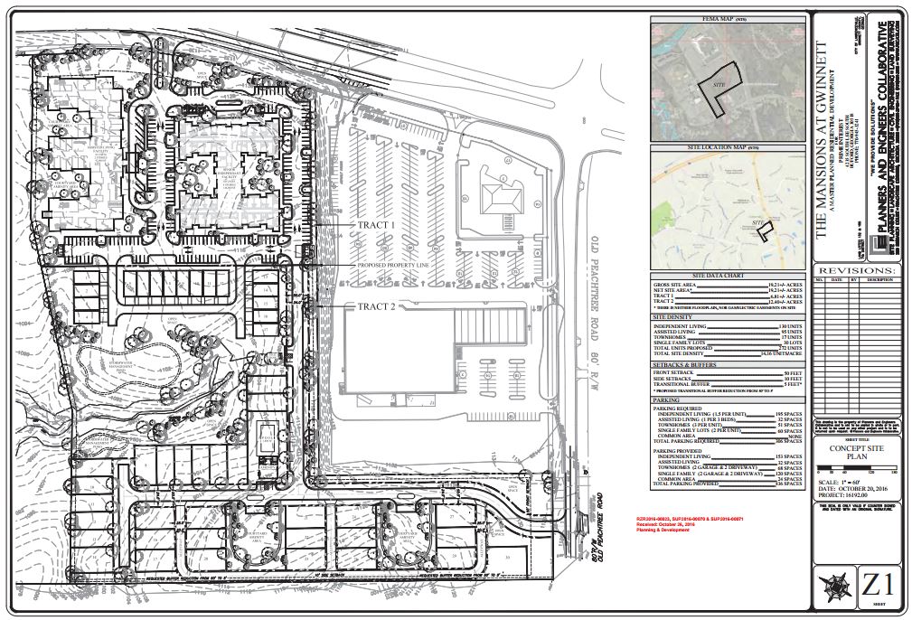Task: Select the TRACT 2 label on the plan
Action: [x=375, y=306]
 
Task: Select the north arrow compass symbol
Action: [x=832, y=583]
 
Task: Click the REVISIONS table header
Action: [x=855, y=269]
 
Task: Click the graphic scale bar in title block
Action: [x=854, y=471]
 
